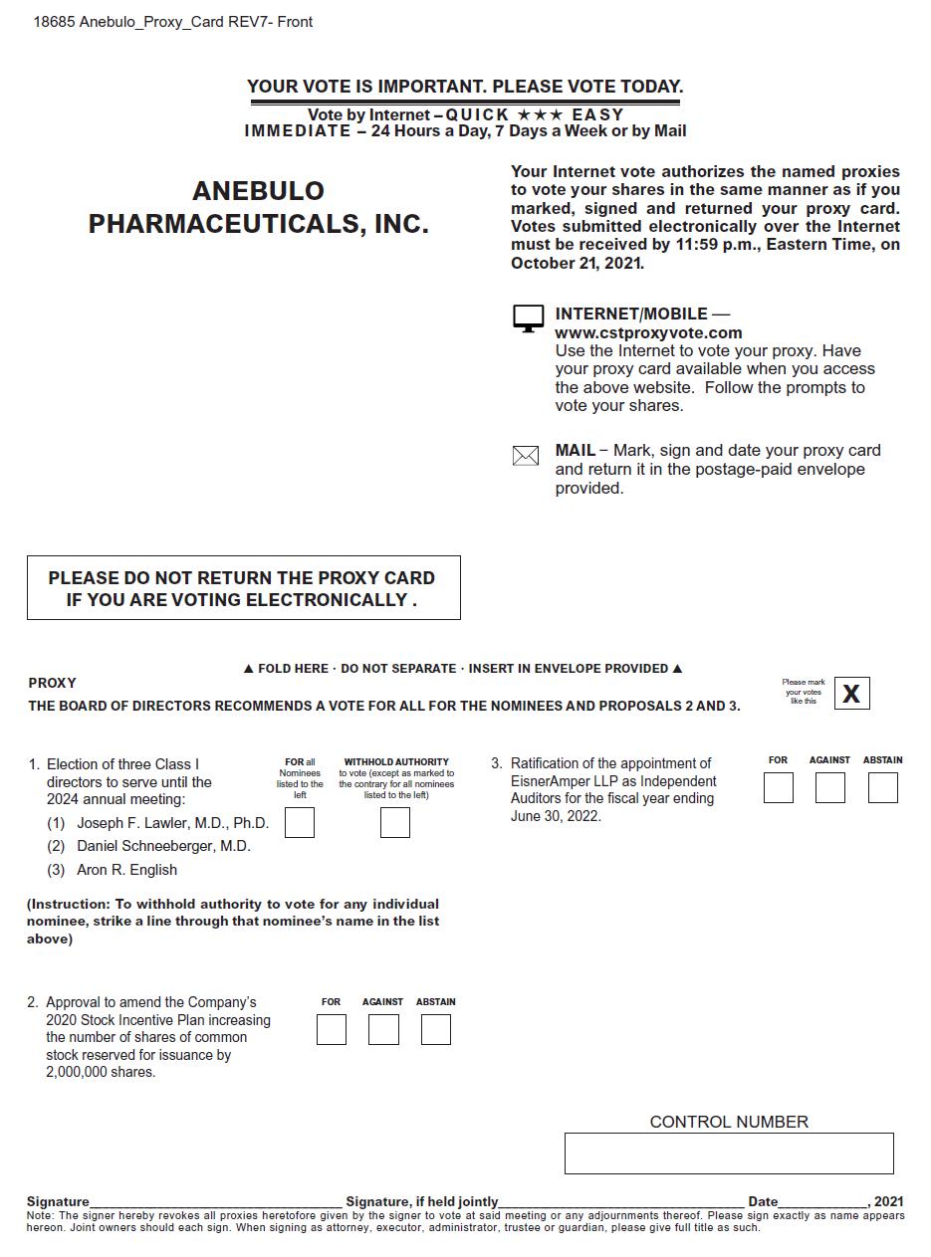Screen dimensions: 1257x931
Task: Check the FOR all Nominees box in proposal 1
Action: pos(300,823)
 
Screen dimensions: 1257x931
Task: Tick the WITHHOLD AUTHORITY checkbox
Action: pos(395,823)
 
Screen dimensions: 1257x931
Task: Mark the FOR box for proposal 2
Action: pos(332,1029)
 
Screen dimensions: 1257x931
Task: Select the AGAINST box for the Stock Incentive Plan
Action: pos(383,1029)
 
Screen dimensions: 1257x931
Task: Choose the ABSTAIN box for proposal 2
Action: pos(436,1029)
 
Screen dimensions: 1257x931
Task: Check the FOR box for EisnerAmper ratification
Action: pos(779,788)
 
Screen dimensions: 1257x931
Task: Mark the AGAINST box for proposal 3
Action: pos(829,788)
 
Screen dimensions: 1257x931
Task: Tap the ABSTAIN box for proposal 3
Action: pos(882,788)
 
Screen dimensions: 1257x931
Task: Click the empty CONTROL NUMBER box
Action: pos(729,1153)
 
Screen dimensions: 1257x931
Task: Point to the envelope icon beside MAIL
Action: pos(526,456)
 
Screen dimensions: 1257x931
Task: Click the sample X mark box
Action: pos(851,694)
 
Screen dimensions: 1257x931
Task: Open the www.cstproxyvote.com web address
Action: pos(648,333)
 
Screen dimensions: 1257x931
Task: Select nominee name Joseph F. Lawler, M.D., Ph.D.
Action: pos(172,823)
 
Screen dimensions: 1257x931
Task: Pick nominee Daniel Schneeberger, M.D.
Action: pos(163,846)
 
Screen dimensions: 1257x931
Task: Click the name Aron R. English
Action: pos(126,870)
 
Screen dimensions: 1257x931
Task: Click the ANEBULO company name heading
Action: pos(258,190)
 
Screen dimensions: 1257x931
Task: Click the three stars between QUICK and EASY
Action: pos(540,115)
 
